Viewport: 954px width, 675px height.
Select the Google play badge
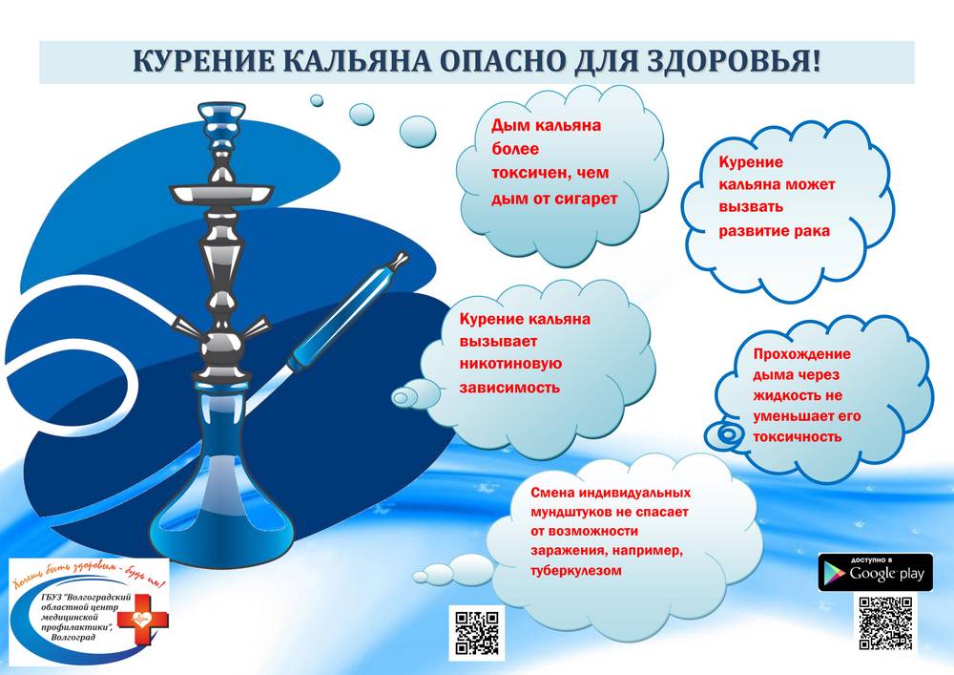pos(875,572)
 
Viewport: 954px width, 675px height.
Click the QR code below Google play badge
pos(885,623)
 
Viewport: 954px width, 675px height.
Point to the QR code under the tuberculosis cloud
pos(477,633)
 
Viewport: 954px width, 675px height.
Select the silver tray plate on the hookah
pos(221,193)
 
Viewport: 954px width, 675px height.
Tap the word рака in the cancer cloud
pos(811,231)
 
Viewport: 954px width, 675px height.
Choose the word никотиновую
pos(510,364)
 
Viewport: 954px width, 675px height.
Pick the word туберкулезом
pos(576,571)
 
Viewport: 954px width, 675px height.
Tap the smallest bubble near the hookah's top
pos(317,100)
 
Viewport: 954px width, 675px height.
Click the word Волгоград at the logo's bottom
pos(73,637)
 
